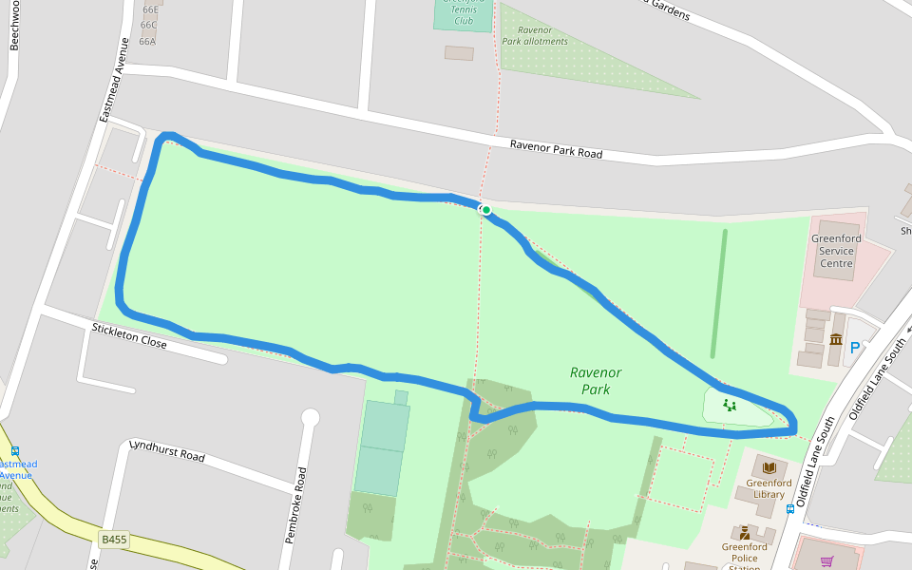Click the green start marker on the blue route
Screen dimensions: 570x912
pos(485,210)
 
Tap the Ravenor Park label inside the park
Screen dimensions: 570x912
pos(596,381)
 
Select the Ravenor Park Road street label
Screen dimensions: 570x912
pos(556,149)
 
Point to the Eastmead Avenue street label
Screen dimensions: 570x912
pos(113,80)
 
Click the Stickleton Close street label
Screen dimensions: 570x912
pos(129,335)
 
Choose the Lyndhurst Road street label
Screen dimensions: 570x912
pos(166,450)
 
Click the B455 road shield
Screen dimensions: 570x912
pos(113,540)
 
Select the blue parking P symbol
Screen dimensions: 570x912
pos(854,349)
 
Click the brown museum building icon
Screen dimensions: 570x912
pos(836,340)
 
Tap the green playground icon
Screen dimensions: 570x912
pos(730,406)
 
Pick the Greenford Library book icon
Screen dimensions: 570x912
pos(769,467)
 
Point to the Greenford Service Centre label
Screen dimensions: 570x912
pos(836,251)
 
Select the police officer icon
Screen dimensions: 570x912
pos(745,533)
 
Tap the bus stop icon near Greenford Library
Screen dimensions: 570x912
pos(790,509)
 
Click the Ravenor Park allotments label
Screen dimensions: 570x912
pos(535,36)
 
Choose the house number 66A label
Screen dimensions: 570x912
pos(147,41)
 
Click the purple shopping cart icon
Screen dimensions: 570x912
pos(826,561)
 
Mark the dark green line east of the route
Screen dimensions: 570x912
pos(719,293)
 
